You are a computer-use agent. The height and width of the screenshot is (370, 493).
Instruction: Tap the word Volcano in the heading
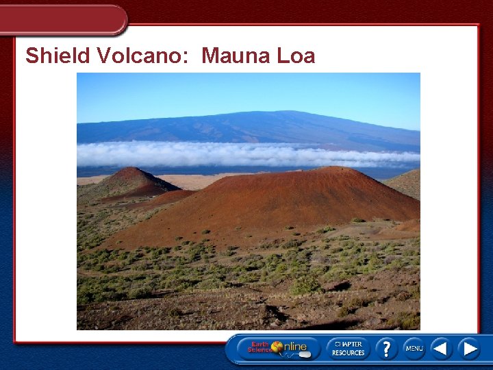[x=144, y=56]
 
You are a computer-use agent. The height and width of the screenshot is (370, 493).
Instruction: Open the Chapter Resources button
[x=348, y=348]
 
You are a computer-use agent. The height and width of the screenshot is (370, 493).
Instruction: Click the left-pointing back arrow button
[x=440, y=348]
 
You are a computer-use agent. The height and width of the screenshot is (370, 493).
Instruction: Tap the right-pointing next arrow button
[x=469, y=348]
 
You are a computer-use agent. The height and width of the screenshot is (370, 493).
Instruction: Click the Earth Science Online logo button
[x=278, y=348]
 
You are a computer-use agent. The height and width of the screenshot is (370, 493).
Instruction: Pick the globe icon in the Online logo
[x=277, y=347]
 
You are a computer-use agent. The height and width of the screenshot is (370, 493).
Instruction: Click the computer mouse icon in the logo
[x=305, y=354]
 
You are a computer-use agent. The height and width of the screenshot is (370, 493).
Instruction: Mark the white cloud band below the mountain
[x=246, y=154]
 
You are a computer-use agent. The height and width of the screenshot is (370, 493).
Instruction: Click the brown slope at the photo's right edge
[x=409, y=183]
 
